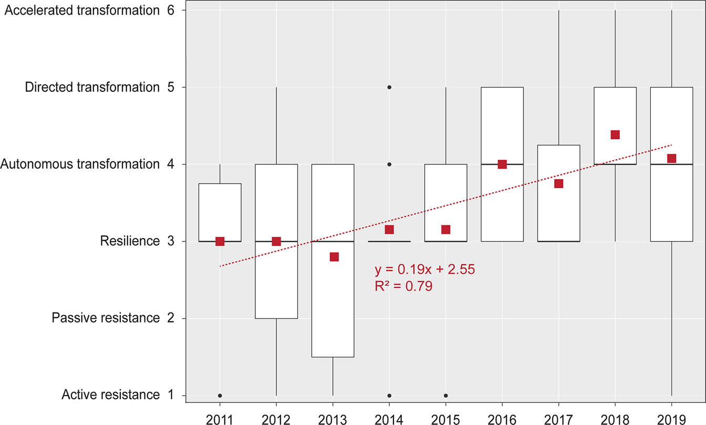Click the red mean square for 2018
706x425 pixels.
[x=615, y=135]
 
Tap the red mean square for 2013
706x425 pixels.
[x=334, y=257]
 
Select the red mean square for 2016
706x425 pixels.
[x=502, y=164]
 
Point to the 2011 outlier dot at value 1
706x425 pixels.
[x=220, y=396]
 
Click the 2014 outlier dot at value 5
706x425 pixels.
[x=389, y=87]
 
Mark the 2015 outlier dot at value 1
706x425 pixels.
[x=446, y=396]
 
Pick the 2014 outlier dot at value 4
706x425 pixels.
[x=389, y=164]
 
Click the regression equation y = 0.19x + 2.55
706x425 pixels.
[x=424, y=270]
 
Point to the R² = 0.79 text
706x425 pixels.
[x=403, y=287]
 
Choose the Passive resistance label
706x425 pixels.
[x=106, y=318]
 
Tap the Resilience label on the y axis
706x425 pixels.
[x=130, y=242]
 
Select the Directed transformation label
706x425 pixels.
[x=92, y=87]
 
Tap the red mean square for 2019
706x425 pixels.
[x=671, y=159]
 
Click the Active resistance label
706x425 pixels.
[x=110, y=395]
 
